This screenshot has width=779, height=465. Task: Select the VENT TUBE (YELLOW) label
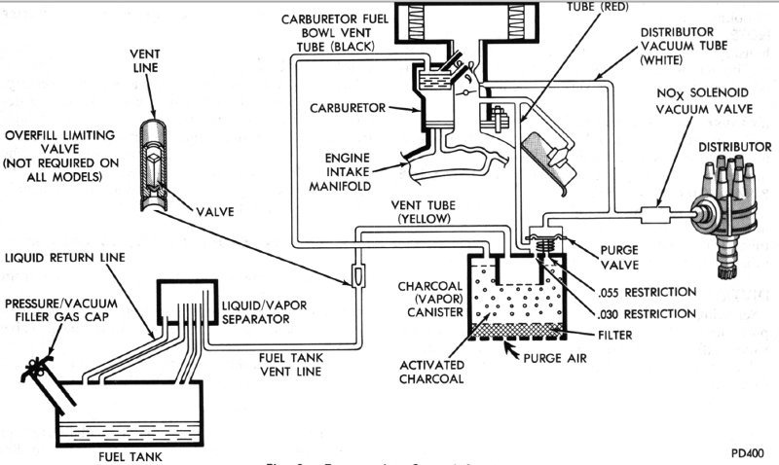423,213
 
